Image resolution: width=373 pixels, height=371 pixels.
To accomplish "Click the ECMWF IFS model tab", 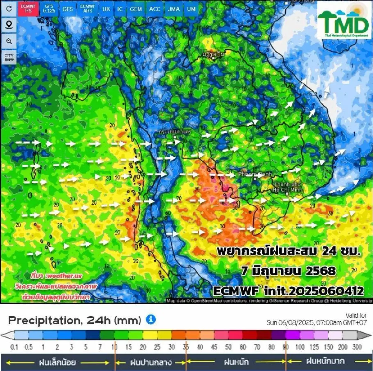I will pos(28,8).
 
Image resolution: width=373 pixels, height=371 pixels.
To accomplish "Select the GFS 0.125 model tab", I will pos(49,8).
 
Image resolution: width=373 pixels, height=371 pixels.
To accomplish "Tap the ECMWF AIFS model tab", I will pos(88,8).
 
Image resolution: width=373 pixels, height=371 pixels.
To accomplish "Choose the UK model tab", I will pos(106,9).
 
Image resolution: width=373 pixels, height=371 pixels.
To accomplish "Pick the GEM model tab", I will pos(136,9).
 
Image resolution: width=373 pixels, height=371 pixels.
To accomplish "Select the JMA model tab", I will pos(174,9).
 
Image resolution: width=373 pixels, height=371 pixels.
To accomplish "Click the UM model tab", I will pos(191,9).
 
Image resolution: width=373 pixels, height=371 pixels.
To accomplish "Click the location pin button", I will pos(9,25).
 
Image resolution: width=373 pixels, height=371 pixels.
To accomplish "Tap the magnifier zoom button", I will pos(9,41).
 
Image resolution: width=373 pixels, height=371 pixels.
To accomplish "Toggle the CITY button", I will pos(9,57).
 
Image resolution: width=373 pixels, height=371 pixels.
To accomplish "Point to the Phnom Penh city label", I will pos(255,174).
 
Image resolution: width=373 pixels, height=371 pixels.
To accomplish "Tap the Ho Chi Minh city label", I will pos(288,187).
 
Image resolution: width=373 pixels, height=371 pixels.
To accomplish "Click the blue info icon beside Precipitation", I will pos(151,320).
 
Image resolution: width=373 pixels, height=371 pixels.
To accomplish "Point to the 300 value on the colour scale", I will pos(357,347).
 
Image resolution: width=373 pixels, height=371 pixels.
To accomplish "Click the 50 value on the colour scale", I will pos(228,347).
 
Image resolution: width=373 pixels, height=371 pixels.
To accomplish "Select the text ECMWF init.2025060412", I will pos(288,291).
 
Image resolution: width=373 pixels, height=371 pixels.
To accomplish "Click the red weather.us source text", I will pos(56,276).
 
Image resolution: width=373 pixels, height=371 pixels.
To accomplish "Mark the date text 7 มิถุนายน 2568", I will pos(288,271).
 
